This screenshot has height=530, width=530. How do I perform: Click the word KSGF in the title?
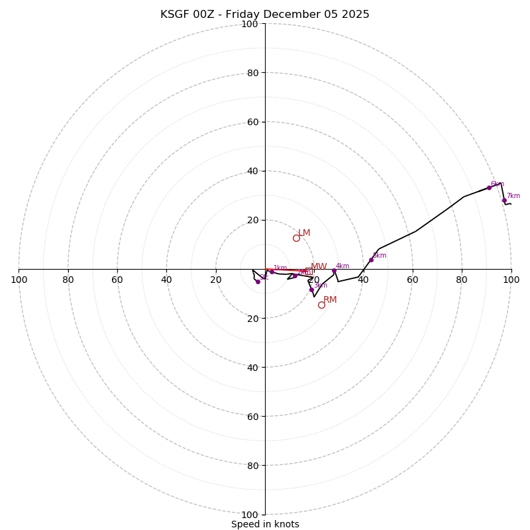175,15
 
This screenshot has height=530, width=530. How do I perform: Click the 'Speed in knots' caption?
265,524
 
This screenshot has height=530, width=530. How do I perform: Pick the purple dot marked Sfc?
258,282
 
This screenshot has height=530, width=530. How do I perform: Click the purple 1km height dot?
272,272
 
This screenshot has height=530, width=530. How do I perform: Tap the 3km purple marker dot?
311,290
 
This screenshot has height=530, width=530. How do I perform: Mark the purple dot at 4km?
334,270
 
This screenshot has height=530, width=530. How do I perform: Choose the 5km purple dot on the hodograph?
371,260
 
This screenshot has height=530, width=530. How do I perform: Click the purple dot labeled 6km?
490,187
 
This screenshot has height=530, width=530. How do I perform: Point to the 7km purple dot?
504,200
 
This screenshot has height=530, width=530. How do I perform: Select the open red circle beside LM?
296,238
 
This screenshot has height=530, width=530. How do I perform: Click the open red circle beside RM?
321,305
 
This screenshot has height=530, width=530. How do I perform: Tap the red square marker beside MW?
308,271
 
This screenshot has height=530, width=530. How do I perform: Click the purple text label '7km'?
513,196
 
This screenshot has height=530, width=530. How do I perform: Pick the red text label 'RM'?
330,300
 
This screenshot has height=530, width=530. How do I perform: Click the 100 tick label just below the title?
250,24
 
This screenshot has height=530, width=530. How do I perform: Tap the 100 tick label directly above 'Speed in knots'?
250,514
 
